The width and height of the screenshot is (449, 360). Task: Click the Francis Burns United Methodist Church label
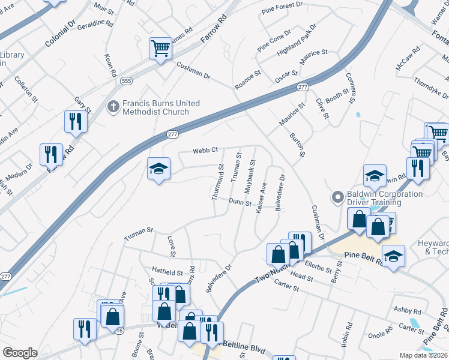[x=161, y=107]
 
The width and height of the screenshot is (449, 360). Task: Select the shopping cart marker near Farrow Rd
[x=160, y=47]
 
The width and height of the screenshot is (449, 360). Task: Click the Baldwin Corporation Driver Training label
[x=384, y=199]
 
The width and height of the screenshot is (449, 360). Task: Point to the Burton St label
[x=298, y=146]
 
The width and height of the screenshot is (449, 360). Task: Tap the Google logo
[x=20, y=353]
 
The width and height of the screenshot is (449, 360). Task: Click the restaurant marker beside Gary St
[x=76, y=121]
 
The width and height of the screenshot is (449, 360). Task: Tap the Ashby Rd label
[x=408, y=311]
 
